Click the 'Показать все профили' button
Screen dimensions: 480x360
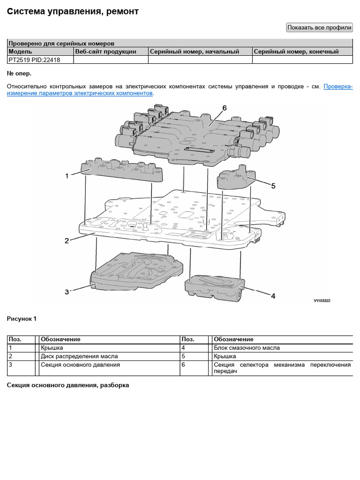(319, 28)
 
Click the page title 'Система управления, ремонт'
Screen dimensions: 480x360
(73, 11)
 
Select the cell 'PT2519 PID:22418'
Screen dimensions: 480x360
(34, 60)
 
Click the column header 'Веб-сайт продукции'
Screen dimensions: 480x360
(105, 52)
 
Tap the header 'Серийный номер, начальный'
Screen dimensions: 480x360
(195, 52)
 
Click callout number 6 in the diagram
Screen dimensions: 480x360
(225, 108)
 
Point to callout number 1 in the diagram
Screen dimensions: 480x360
(67, 176)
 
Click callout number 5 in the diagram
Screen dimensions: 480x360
(273, 186)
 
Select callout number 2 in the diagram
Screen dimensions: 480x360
(67, 241)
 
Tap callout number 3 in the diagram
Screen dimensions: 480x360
(67, 292)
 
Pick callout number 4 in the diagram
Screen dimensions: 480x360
(273, 296)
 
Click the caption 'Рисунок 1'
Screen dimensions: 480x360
(22, 319)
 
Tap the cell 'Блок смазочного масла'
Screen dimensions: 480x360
(247, 348)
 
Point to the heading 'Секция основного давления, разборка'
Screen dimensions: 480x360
(68, 385)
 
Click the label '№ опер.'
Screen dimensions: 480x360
(19, 74)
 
